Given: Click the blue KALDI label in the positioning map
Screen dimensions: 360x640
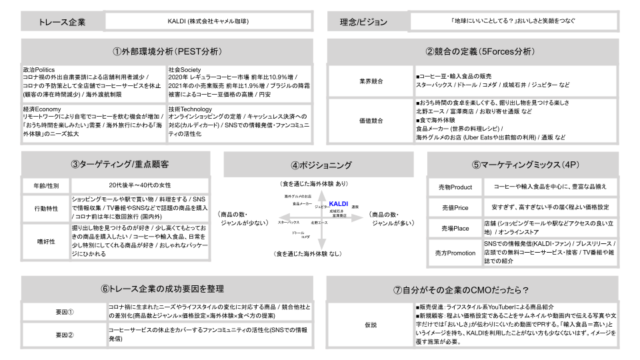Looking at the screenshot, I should coord(339,203).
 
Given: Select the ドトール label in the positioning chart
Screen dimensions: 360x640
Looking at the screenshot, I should coord(298,233).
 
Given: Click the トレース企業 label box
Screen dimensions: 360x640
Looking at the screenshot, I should coord(63,22).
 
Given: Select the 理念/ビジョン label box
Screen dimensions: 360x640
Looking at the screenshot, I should coord(363,22).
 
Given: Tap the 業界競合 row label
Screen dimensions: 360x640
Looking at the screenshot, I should coord(370,81).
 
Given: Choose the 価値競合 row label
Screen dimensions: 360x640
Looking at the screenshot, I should coord(370,121).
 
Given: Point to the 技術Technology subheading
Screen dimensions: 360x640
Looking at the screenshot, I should coord(190,109).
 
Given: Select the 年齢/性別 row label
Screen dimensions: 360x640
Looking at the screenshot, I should coord(46,185).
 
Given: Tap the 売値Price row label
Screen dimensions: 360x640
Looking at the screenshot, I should coord(455,207).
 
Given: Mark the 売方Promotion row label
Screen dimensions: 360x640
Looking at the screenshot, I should coord(455,253).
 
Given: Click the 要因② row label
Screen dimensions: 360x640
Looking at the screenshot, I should coord(65,335).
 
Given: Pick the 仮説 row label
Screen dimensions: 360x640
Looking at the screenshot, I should coord(370,325).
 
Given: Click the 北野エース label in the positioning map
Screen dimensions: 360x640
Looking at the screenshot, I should coord(319,223).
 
